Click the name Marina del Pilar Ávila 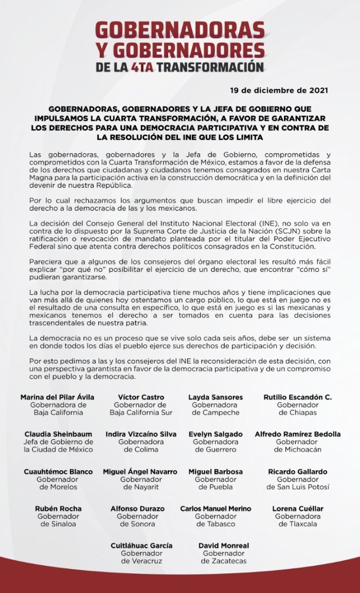(x=57, y=397)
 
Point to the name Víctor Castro (x=134, y=397)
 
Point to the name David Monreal (x=223, y=546)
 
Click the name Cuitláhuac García (x=141, y=546)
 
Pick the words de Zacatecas (x=223, y=561)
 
